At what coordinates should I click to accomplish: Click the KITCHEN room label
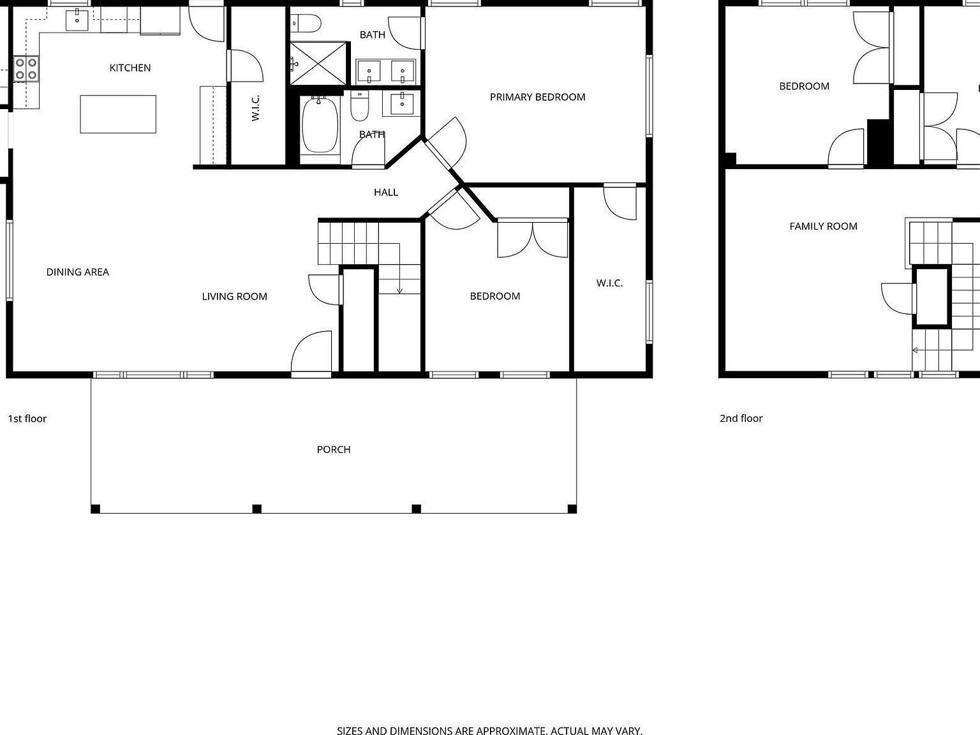pos(130,68)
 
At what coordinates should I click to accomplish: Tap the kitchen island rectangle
pos(118,114)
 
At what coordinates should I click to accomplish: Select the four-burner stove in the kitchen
pos(26,69)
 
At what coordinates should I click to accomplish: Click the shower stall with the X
pos(319,63)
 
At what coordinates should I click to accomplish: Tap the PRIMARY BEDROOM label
pos(537,97)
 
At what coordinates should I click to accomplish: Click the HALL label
pos(386,192)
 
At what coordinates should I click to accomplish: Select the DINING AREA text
pos(77,272)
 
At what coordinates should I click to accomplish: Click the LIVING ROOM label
pos(234,296)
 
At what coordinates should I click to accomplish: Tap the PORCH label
pos(334,449)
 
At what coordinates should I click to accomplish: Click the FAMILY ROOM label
pos(823,226)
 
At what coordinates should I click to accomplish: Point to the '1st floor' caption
pos(27,419)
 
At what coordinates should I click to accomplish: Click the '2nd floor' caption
pos(741,419)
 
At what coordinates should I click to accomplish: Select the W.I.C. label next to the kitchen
pos(255,108)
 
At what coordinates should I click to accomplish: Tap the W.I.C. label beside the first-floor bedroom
pos(609,283)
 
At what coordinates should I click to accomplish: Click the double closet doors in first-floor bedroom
pos(533,239)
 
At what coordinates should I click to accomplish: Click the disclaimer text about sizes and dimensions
pos(489,731)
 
